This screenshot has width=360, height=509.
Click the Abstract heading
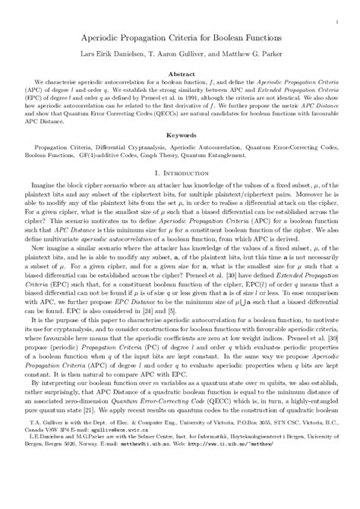[180, 74]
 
